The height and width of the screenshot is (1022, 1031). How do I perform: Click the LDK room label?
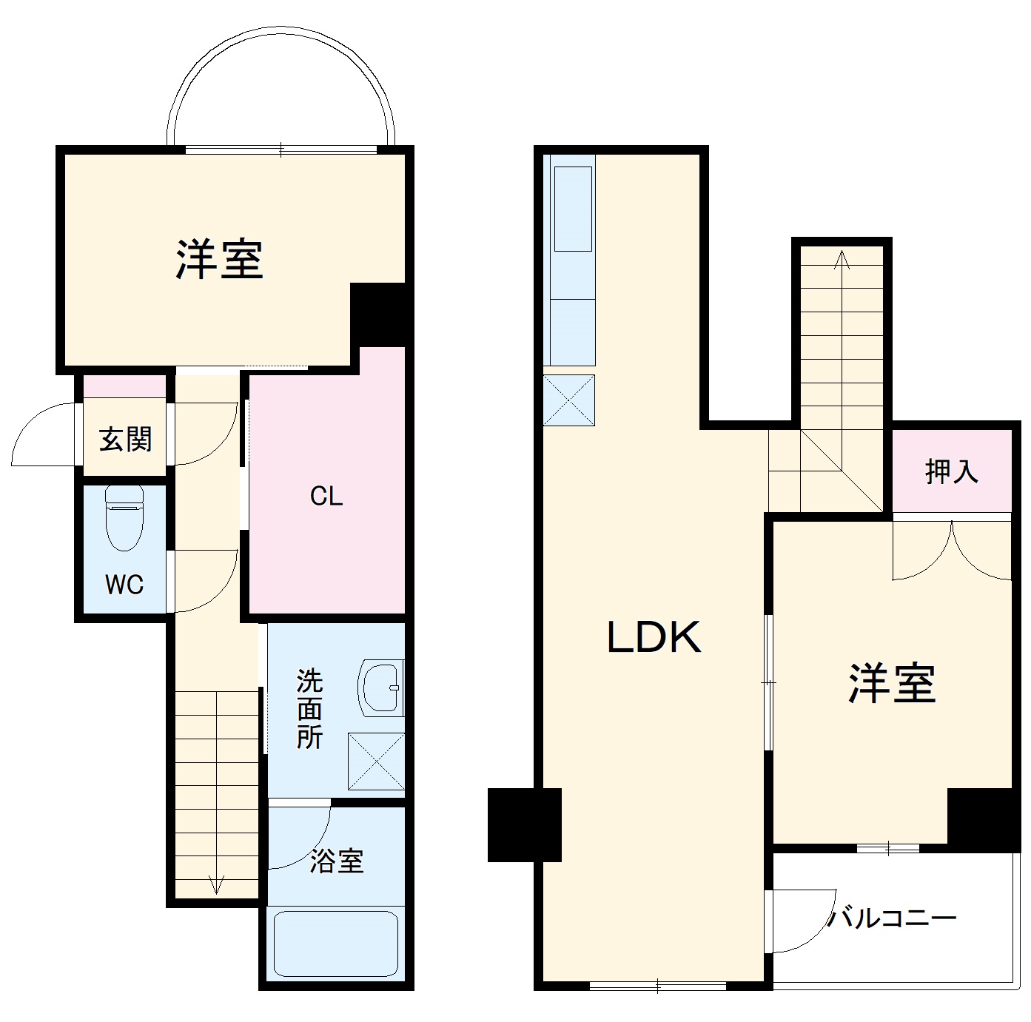[654, 637]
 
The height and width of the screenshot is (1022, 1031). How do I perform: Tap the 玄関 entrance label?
[125, 440]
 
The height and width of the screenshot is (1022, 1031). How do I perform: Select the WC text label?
[124, 585]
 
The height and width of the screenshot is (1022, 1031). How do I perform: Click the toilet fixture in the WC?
[124, 517]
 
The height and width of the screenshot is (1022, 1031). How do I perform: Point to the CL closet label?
[326, 496]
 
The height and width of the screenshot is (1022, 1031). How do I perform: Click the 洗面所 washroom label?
[309, 708]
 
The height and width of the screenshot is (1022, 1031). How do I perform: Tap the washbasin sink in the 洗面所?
[381, 688]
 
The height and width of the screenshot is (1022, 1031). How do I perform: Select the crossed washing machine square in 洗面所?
[376, 761]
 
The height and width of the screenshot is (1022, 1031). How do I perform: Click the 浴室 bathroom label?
[337, 861]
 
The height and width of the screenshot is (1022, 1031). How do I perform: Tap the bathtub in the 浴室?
[336, 944]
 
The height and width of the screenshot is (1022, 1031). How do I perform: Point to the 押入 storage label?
[952, 471]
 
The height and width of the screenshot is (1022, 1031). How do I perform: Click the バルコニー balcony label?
[892, 919]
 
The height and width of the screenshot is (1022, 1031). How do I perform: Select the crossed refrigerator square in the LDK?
[569, 400]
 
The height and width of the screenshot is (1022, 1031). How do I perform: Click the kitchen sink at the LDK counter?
[573, 208]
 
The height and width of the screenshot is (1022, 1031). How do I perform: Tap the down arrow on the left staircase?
[217, 884]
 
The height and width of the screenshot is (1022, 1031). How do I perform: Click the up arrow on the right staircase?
[841, 260]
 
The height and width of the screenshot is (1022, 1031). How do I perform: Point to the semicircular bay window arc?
[281, 33]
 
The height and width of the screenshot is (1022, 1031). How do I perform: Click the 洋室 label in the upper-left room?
[220, 259]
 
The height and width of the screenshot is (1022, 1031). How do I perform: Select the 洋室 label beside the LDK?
[892, 683]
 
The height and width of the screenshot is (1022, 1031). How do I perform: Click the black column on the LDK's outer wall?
[524, 824]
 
